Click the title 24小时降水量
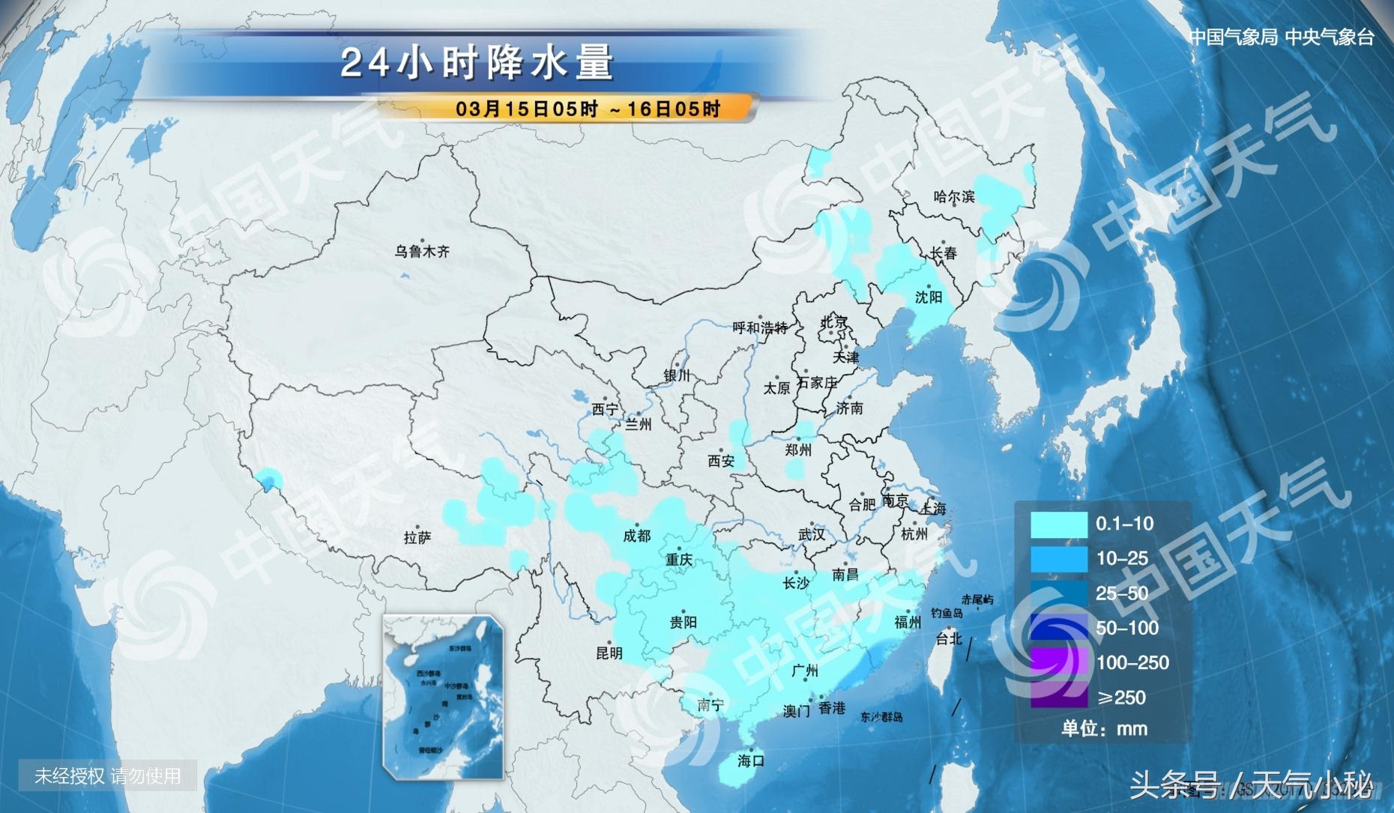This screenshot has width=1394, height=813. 477,63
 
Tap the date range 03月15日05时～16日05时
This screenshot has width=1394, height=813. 588,109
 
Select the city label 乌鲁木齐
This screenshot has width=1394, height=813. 422,252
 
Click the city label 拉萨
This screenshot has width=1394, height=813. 417,537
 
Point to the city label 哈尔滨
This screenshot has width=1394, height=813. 954,197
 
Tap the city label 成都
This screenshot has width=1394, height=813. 637,536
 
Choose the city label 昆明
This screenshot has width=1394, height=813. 609,653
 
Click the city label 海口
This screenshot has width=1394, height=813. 750,761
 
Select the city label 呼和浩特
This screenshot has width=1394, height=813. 760,328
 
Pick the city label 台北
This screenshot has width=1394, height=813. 949,638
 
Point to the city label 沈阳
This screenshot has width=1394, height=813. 929,297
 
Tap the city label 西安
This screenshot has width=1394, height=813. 721,462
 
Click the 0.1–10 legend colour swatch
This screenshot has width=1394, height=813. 1058,525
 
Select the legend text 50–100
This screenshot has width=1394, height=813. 1127,628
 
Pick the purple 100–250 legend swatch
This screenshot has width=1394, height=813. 1058,662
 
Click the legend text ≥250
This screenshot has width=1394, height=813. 1121,698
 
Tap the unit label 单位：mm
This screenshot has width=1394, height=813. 1104,728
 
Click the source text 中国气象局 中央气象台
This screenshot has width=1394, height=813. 1282,37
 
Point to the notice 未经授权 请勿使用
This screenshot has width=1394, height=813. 108,776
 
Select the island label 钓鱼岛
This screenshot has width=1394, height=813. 947,613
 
